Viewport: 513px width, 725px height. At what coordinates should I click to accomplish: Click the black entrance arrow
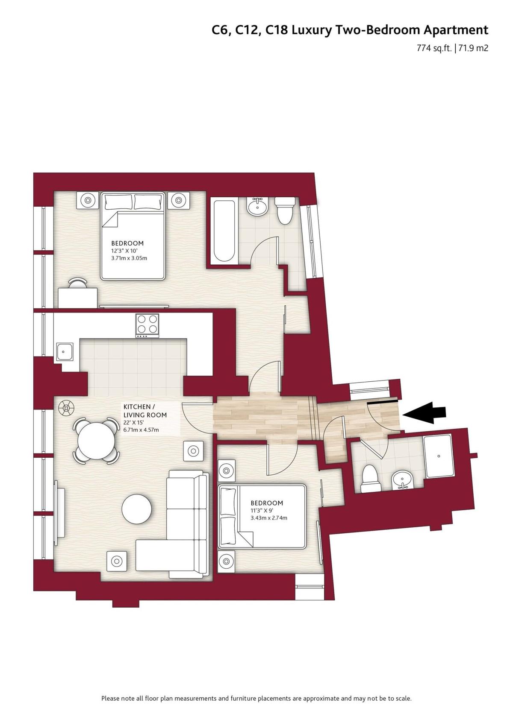(x=425, y=412)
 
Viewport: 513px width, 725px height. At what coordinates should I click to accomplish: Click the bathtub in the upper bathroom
(x=224, y=232)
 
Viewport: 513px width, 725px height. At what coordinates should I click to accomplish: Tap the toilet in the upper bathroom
(x=285, y=210)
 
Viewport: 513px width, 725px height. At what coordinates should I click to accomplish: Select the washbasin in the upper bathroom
(x=258, y=206)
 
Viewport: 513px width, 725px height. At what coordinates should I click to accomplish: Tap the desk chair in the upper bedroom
(x=78, y=283)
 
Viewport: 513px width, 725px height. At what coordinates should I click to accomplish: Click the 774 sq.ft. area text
(x=434, y=49)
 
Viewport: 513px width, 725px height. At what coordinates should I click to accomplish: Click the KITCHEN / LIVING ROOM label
(x=145, y=411)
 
